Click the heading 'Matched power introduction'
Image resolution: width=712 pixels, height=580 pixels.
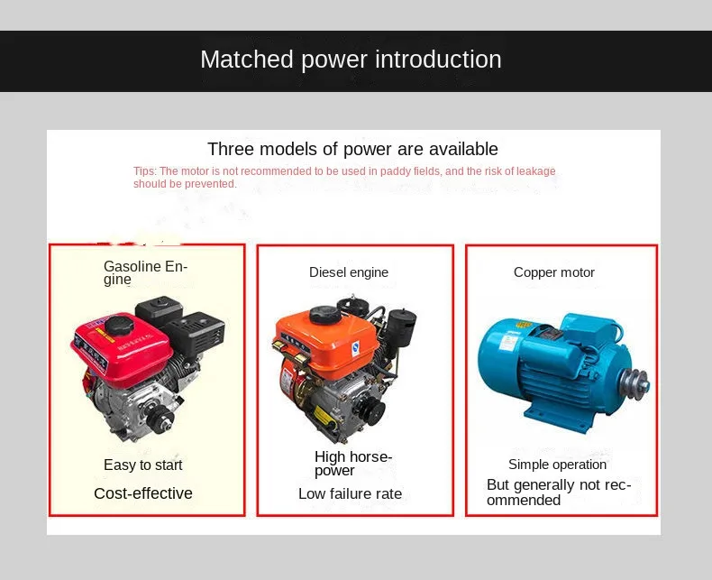351,60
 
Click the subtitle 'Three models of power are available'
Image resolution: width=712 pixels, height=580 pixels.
352,149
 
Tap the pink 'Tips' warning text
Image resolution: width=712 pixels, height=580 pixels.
344,178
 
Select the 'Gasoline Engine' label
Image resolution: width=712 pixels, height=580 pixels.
145,272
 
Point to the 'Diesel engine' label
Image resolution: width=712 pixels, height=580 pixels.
349,272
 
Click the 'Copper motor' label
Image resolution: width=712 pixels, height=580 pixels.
554,272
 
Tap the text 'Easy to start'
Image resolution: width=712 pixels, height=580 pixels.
143,465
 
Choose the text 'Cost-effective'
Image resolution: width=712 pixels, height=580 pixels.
143,493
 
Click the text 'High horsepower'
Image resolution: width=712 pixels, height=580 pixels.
352,463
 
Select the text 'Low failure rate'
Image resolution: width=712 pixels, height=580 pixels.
350,493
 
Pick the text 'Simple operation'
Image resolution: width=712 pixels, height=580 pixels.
557,465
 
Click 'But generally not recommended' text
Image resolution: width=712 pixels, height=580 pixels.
559,493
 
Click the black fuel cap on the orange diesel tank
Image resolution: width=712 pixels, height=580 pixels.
324,315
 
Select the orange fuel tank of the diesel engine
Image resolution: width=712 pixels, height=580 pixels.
326,338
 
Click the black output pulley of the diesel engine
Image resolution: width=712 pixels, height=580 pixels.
372,410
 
